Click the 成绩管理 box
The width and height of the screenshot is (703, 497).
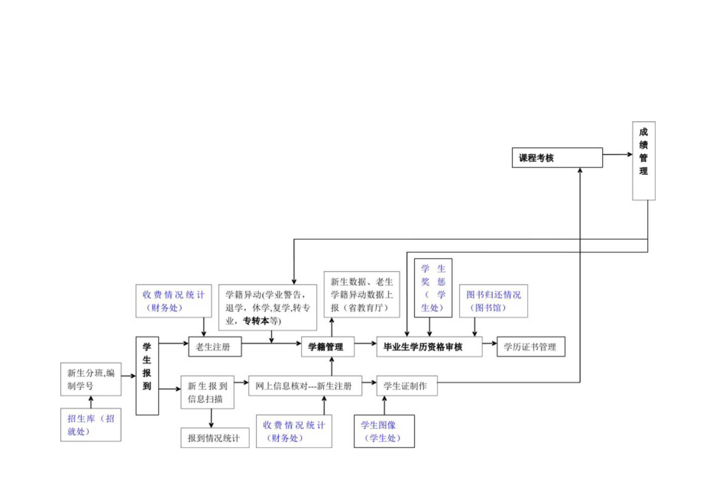pos(643,160)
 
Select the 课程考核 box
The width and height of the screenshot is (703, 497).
pos(556,158)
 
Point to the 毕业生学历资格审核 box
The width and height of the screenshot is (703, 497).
pos(429,347)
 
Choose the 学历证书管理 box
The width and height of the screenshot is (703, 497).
pos(530,347)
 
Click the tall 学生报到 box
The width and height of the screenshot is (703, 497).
pos(147,376)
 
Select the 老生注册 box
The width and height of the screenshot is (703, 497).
pos(215,347)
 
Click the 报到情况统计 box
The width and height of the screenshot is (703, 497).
pos(215,437)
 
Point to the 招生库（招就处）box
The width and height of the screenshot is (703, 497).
pos(91,424)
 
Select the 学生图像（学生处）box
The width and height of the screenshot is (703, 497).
pos(384,431)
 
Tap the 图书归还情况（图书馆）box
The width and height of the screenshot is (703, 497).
pos(494,301)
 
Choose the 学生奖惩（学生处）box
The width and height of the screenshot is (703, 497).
pos(433,287)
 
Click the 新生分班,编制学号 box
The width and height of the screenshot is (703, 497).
pos(91,379)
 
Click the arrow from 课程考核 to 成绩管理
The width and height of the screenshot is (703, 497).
pos(617,158)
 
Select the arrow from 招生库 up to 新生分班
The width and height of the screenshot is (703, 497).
pos(91,402)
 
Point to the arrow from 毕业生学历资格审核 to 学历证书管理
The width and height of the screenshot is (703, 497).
pos(489,347)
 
